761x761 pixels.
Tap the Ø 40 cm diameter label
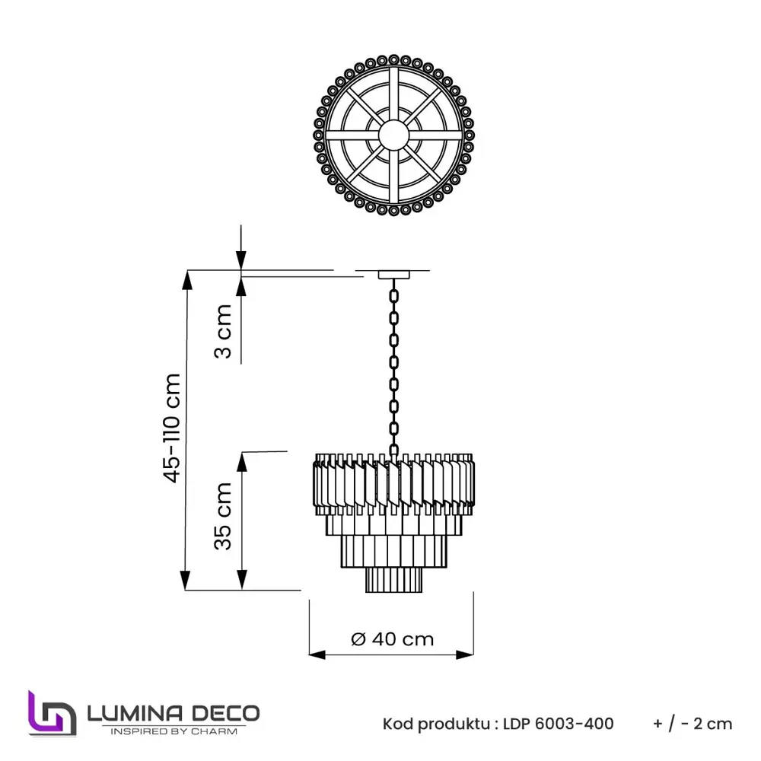pyautogui.click(x=393, y=639)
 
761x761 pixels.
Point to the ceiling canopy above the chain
pyautogui.click(x=393, y=274)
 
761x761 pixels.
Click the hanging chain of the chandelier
pyautogui.click(x=393, y=365)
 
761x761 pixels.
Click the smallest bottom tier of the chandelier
pyautogui.click(x=393, y=580)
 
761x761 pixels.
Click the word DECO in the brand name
pyautogui.click(x=224, y=713)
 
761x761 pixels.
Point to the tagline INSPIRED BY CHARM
pyautogui.click(x=174, y=731)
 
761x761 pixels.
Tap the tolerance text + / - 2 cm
pyautogui.click(x=693, y=723)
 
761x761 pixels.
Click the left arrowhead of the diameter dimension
pyautogui.click(x=317, y=654)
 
